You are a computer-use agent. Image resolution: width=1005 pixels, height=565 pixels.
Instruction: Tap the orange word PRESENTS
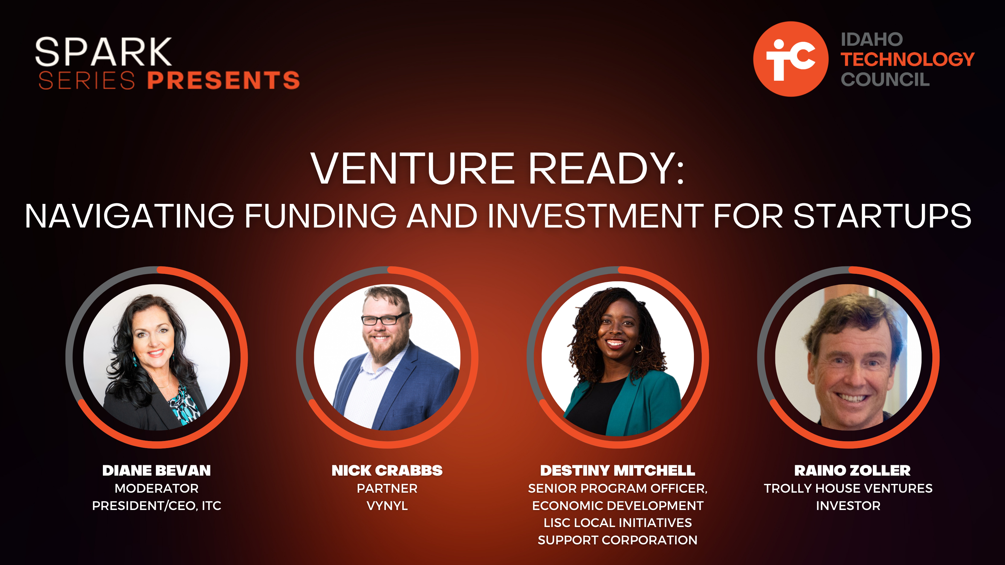pos(223,80)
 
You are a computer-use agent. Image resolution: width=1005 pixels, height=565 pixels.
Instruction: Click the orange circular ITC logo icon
pos(791,59)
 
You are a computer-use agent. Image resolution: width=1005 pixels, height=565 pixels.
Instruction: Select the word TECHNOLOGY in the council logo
pos(907,59)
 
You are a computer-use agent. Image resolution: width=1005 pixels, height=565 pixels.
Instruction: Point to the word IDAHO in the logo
pos(872,39)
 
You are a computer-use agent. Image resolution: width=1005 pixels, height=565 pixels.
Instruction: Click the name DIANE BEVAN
pos(156,470)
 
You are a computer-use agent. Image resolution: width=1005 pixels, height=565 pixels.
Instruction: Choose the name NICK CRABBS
pos(387,470)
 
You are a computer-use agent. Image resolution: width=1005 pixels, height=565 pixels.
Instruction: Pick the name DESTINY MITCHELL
pos(618,470)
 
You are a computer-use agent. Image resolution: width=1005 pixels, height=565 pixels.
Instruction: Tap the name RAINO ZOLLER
pos(852,470)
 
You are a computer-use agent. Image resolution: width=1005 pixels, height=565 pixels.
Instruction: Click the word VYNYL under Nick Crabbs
pos(387,506)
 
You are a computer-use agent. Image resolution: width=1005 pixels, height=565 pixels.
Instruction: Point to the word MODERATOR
pos(156,488)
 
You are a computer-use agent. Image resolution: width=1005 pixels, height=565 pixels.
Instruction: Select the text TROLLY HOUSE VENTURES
pos(848,488)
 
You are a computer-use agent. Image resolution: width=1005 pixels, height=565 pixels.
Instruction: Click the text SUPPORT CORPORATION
pos(618,540)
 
